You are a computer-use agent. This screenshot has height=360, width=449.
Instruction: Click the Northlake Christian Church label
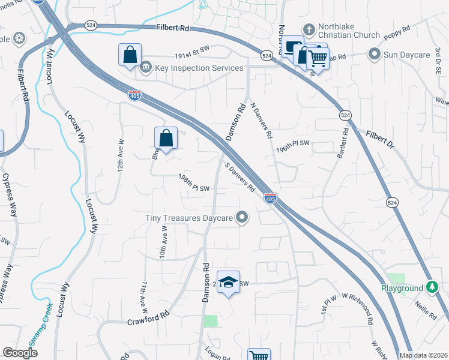click(350, 35)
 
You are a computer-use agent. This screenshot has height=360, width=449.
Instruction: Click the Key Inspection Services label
click(199, 68)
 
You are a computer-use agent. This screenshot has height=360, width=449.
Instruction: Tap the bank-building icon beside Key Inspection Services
click(146, 68)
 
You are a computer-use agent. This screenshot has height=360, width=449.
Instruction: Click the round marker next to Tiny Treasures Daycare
click(243, 217)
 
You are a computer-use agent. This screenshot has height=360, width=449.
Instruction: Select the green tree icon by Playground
click(431, 288)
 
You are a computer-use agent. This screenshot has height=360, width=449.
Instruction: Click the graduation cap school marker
click(228, 281)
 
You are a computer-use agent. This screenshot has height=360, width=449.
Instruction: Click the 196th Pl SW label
click(292, 146)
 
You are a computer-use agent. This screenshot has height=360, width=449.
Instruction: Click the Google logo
click(20, 353)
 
